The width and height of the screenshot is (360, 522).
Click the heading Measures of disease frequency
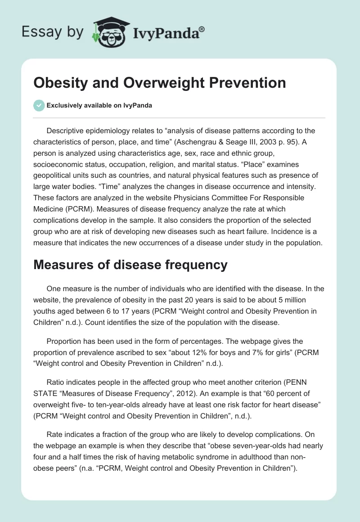130,265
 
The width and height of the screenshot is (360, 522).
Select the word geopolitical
54,175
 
